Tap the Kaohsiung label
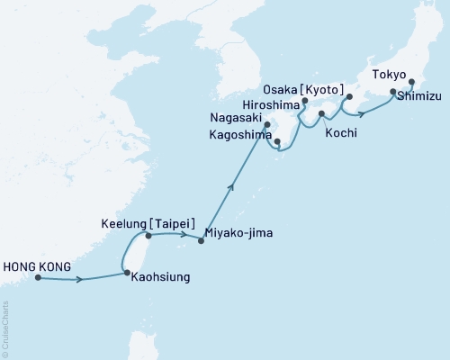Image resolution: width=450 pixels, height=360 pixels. (159, 277)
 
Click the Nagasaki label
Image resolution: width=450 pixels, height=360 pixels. (236, 116)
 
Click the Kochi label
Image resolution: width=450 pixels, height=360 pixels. (343, 133)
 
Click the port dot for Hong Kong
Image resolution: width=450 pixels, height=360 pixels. (38, 277)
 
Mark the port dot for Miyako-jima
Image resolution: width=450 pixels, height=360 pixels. (200, 241)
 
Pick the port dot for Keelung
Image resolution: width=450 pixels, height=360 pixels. (148, 236)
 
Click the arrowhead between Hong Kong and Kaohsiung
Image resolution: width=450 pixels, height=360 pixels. (81, 280)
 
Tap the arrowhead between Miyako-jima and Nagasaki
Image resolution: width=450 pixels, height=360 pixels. (231, 187)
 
